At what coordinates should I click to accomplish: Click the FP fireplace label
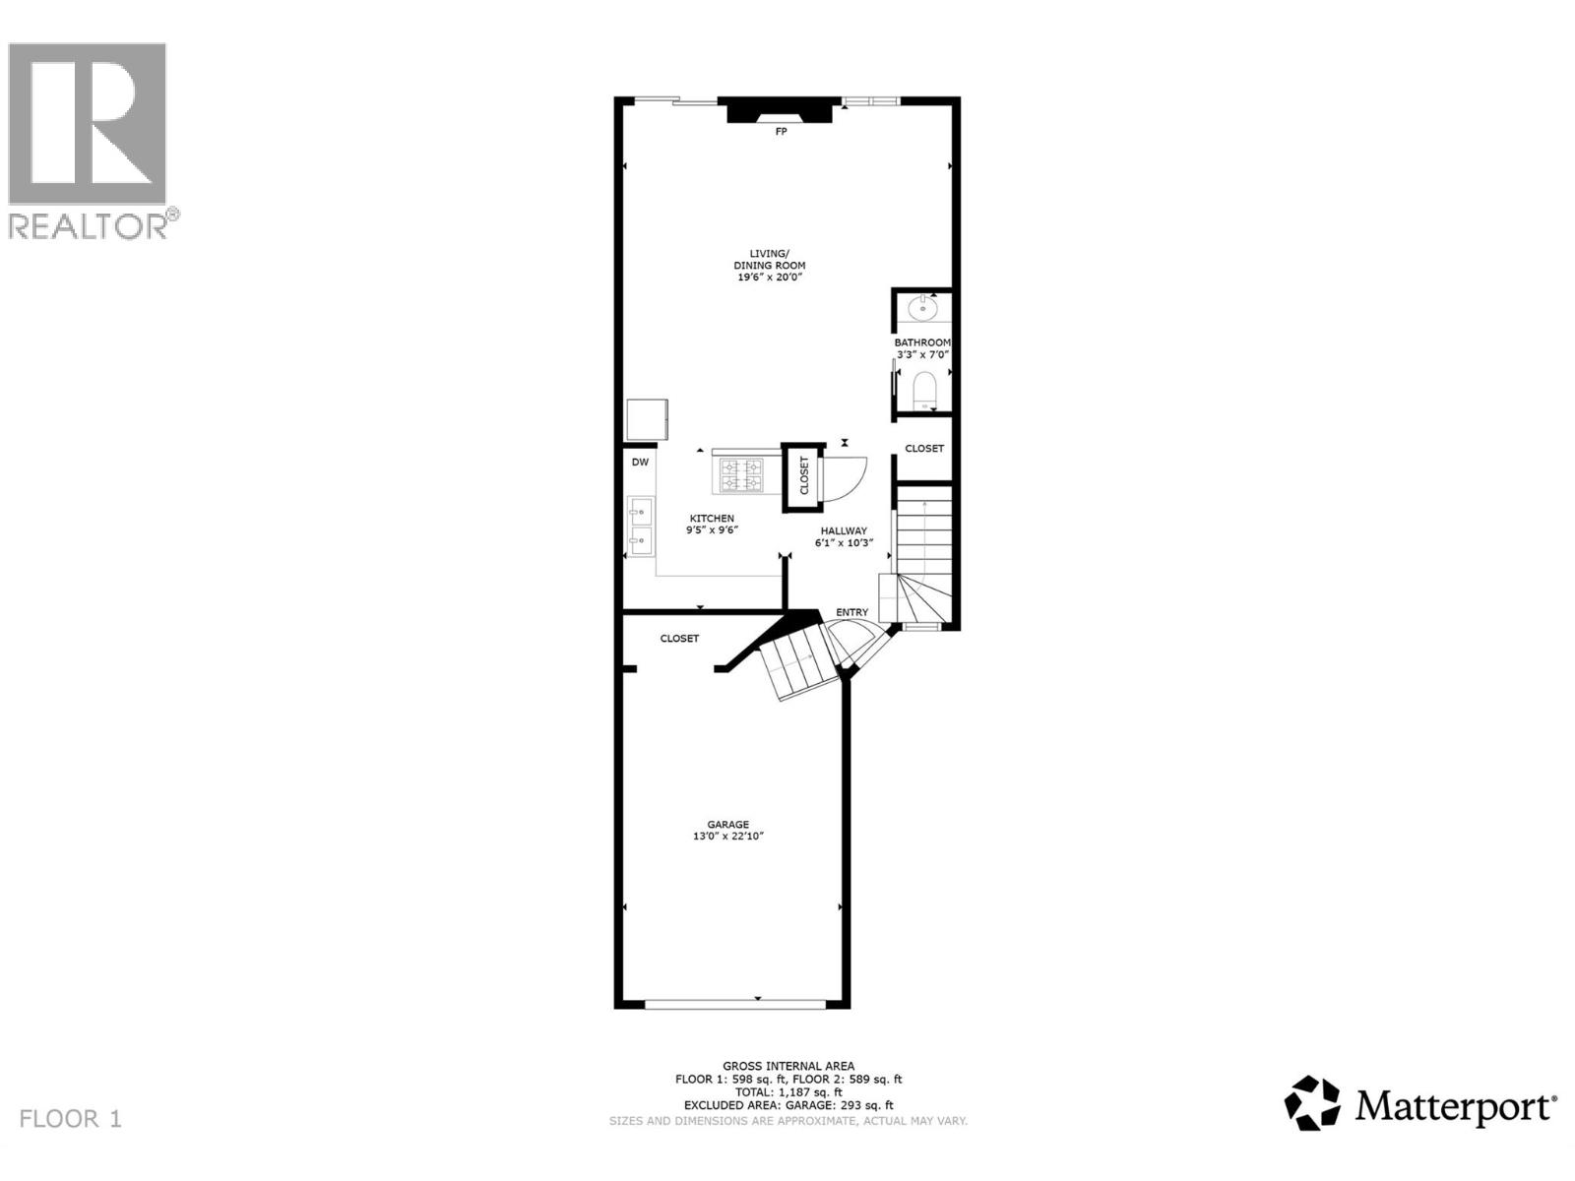coord(781,131)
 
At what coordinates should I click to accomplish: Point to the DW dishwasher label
coord(640,462)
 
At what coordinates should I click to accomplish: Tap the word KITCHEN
coord(711,519)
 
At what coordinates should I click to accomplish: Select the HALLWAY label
coord(844,530)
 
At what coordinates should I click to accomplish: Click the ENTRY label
coord(852,612)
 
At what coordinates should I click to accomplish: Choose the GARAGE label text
coord(727,825)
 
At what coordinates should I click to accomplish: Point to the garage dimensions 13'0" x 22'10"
coord(727,837)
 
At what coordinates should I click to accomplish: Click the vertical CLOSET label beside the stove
coord(804,476)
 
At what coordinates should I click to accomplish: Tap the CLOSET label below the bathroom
coord(924,448)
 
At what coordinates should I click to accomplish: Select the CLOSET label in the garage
coord(679,639)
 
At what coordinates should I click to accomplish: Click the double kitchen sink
coord(641,525)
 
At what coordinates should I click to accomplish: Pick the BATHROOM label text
coord(922,342)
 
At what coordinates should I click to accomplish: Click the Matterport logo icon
coord(1313,1103)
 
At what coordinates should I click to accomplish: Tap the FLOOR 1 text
coord(71,1119)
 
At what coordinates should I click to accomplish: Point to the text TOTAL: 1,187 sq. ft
coord(788,1091)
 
